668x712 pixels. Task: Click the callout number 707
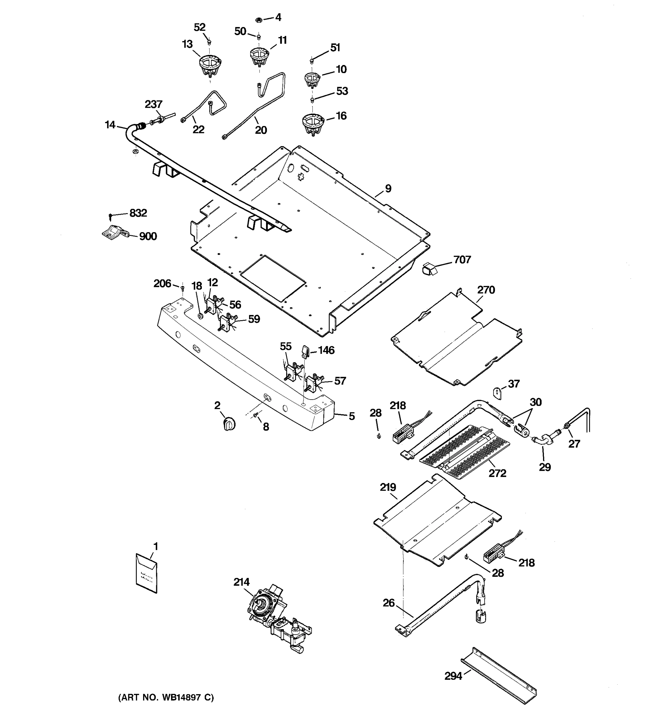462,259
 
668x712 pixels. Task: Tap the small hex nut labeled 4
259,20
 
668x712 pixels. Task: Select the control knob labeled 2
229,424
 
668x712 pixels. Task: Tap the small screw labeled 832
111,216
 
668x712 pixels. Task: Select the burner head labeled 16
313,123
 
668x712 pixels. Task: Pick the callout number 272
497,473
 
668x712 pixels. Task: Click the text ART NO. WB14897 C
166,697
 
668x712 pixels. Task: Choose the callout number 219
388,487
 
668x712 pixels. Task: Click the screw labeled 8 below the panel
256,415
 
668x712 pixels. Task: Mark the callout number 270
486,290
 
